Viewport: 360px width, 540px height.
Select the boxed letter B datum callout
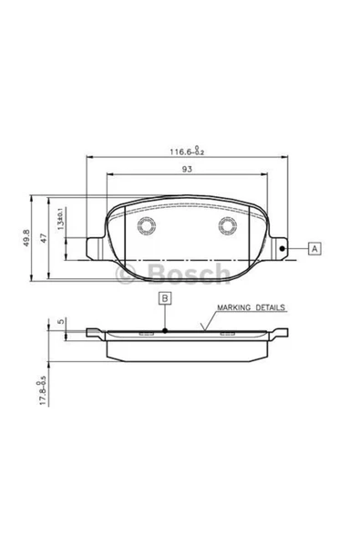(164, 297)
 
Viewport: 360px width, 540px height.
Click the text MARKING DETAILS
(252, 309)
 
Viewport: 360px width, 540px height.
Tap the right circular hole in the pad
(225, 228)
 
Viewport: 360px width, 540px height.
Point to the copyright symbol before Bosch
(119, 272)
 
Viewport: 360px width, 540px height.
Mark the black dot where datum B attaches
(164, 330)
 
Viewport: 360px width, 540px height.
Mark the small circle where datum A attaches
(283, 248)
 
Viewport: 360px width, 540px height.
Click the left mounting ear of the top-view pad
(93, 248)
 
